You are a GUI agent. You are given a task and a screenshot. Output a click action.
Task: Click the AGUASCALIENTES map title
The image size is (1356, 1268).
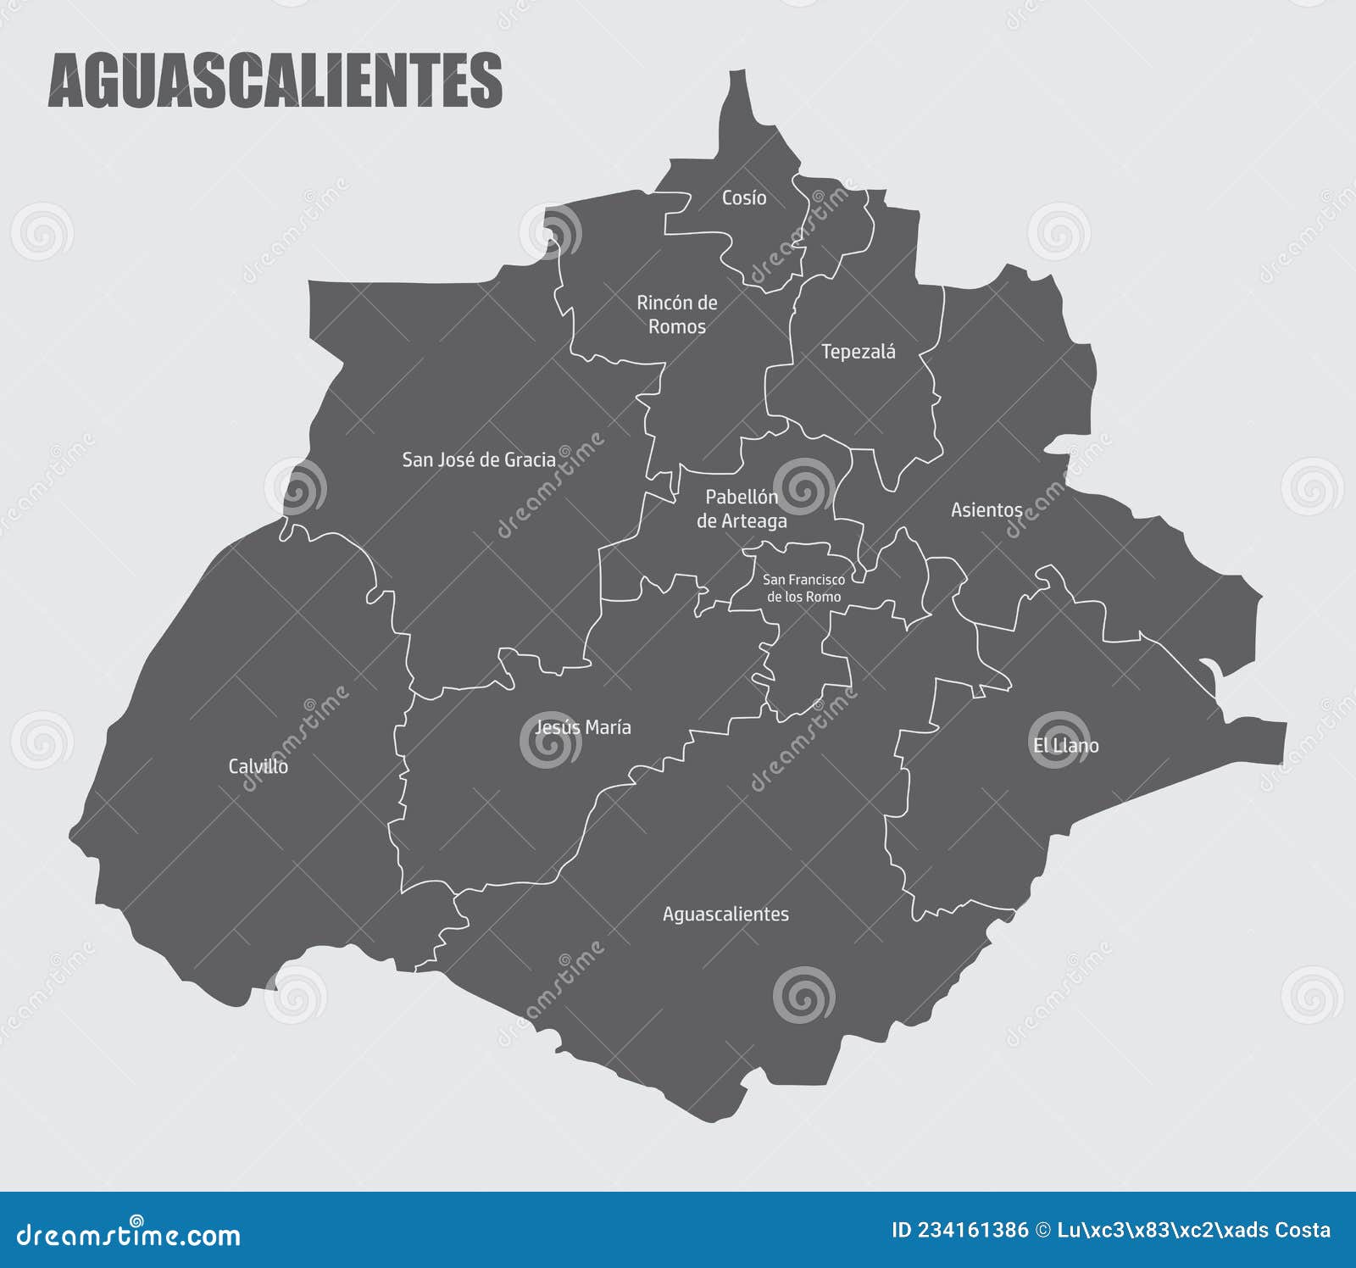(275, 81)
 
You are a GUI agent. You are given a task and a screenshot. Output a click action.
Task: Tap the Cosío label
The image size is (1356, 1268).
(744, 197)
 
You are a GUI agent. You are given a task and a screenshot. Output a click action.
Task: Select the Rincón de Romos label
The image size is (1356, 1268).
(676, 314)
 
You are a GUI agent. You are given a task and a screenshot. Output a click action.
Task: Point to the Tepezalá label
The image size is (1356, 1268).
(858, 352)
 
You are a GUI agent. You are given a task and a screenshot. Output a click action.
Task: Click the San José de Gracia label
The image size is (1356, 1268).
(479, 459)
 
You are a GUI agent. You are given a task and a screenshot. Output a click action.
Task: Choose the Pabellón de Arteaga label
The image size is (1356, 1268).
(742, 509)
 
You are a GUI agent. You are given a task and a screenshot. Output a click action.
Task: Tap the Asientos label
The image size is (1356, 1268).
(986, 509)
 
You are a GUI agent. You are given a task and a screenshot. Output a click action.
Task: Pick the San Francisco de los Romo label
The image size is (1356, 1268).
(803, 588)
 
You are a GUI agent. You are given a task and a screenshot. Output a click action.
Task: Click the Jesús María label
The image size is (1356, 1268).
(583, 727)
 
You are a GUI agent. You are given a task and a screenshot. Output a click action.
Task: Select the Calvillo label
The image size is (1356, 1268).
(258, 766)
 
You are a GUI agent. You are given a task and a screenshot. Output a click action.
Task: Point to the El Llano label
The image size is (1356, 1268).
(1065, 745)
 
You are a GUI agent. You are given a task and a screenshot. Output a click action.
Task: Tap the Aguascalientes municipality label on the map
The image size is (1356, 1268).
(725, 914)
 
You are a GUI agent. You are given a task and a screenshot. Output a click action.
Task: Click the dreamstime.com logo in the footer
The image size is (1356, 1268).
(129, 1235)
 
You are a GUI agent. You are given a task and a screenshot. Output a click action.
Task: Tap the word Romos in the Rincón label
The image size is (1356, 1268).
(676, 326)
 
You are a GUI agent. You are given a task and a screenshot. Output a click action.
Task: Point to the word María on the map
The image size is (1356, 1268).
(608, 727)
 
